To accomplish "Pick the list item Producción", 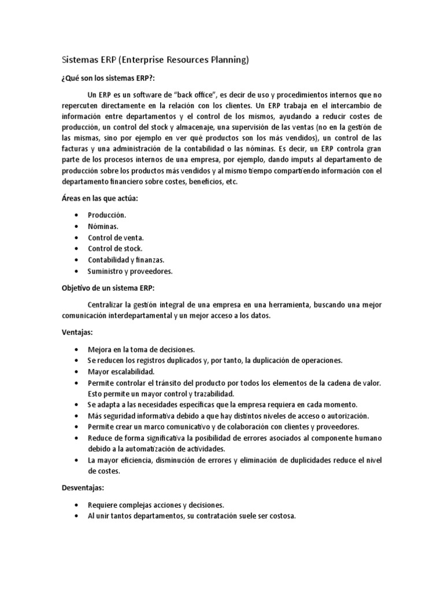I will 106,215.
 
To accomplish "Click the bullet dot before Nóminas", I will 76,226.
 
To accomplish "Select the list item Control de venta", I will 116,238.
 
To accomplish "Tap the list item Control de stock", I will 115,249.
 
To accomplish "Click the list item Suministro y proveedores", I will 130,271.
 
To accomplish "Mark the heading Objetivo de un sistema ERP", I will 108,288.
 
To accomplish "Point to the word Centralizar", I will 108,305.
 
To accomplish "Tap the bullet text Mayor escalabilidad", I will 121,372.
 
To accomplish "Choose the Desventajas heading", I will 83,488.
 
